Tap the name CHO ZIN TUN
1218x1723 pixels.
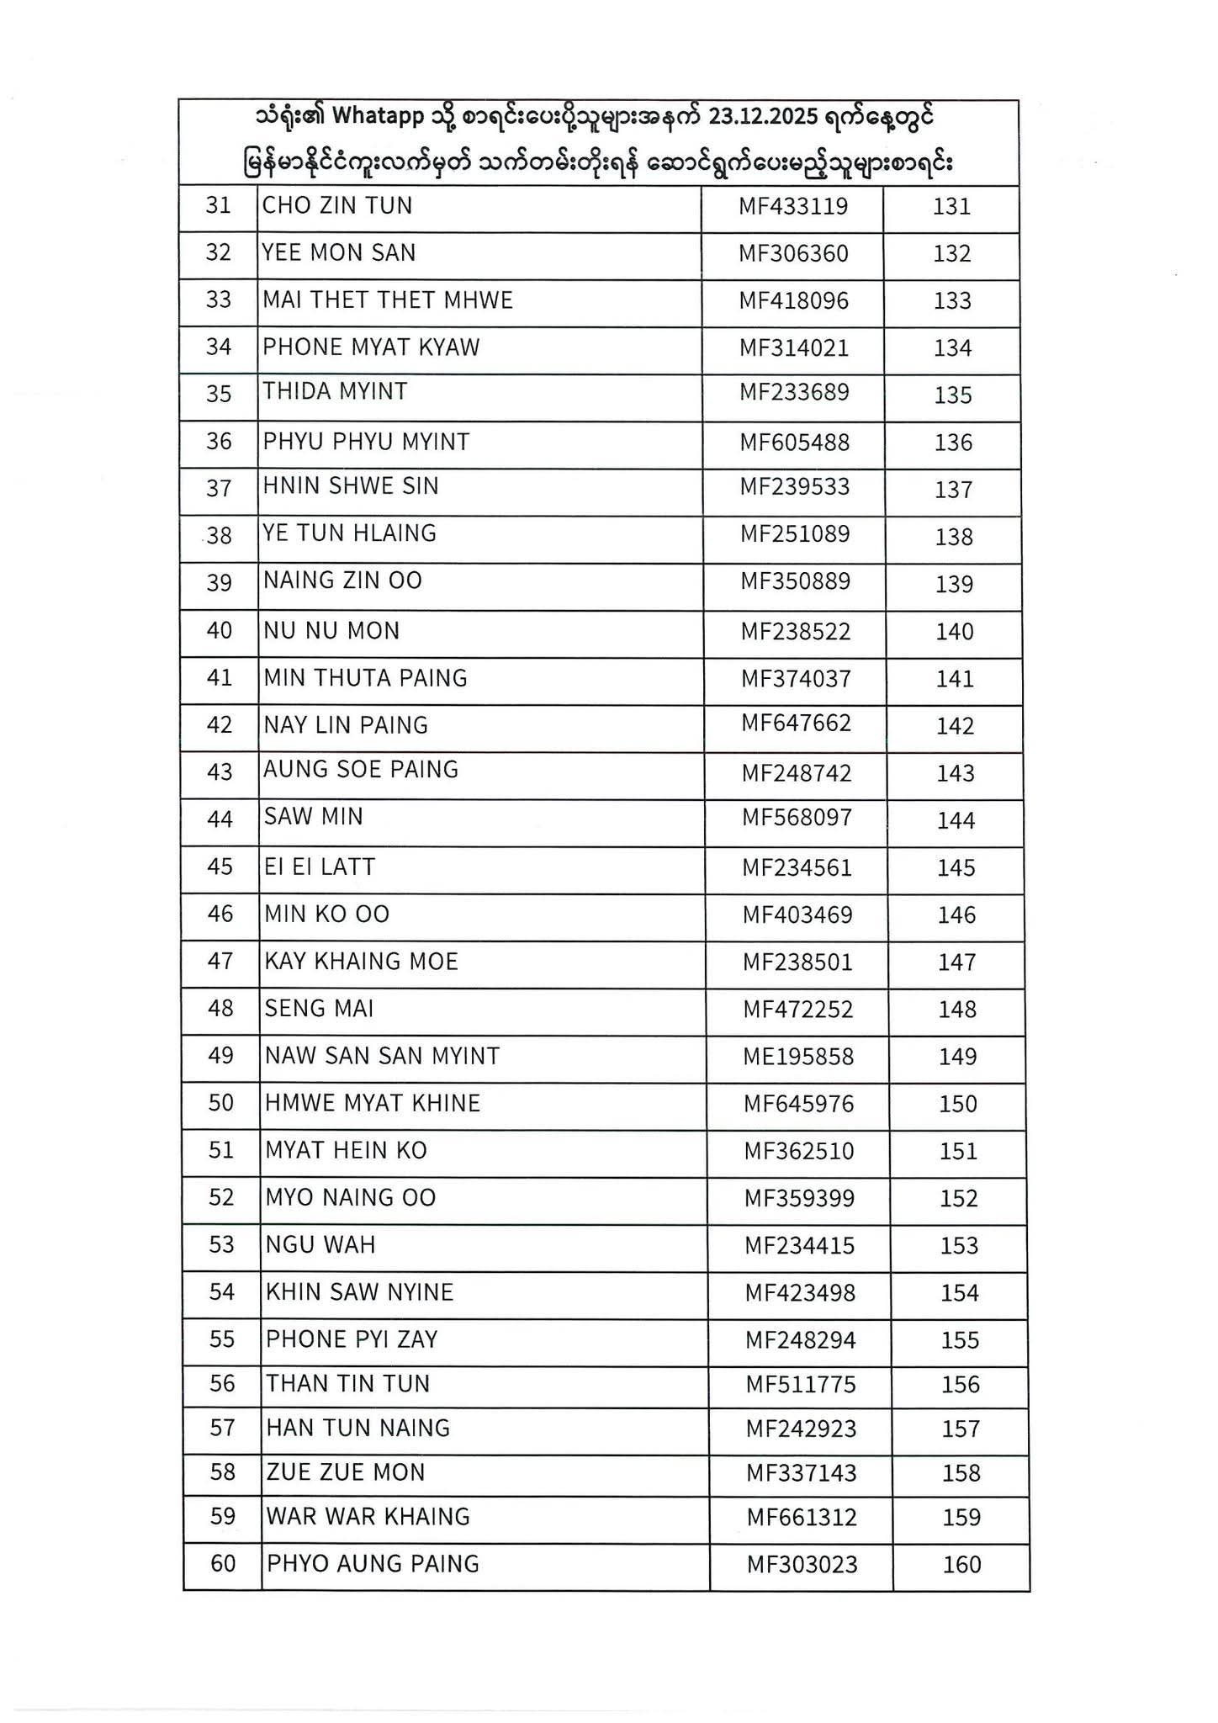tap(337, 206)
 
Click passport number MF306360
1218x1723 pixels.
tap(793, 253)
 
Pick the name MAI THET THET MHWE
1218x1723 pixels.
tap(388, 300)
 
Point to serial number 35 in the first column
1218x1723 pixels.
tap(219, 394)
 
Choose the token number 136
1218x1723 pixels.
tap(953, 443)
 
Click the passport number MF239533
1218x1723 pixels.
tap(795, 487)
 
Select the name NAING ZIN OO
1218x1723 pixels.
tap(342, 581)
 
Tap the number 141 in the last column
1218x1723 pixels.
tap(955, 679)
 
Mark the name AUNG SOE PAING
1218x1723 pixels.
tap(361, 770)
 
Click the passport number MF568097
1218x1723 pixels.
tap(797, 818)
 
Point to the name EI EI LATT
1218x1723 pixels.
tap(320, 867)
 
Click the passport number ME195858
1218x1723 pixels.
tap(798, 1057)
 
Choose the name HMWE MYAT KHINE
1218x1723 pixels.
tap(373, 1103)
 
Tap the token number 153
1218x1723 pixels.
tap(959, 1246)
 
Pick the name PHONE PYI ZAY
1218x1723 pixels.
tap(352, 1339)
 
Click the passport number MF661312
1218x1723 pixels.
tap(802, 1518)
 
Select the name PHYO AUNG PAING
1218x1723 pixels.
tap(373, 1564)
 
